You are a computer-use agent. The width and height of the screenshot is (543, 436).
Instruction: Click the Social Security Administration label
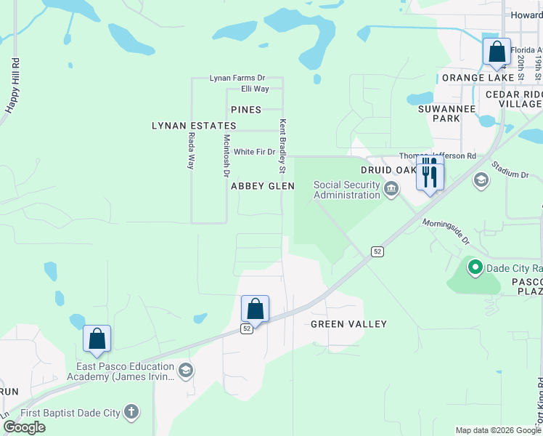[x=347, y=190]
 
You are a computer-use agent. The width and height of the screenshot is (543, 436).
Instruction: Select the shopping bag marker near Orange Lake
[x=497, y=53]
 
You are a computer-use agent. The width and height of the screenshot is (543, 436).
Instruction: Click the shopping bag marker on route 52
[x=255, y=310]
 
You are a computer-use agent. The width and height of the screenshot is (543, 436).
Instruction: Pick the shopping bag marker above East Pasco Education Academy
[x=97, y=339]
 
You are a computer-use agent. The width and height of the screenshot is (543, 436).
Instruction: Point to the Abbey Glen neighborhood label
[x=263, y=186]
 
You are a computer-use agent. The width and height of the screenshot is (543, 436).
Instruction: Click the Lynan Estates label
[x=194, y=126]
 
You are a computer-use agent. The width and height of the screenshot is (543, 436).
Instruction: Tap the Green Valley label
[x=348, y=324]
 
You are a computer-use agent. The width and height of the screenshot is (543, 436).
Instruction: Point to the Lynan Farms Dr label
[x=237, y=78]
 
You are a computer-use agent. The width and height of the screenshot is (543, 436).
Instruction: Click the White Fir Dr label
[x=254, y=152]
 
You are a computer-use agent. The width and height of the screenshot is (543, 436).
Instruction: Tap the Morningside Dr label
[x=446, y=233]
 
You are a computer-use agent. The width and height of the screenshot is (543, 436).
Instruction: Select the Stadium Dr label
[x=510, y=170]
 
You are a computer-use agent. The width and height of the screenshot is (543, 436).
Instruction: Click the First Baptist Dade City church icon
[x=131, y=413]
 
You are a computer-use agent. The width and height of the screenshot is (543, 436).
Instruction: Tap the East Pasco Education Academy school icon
[x=185, y=371]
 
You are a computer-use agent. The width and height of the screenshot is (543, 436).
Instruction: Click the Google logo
[x=24, y=427]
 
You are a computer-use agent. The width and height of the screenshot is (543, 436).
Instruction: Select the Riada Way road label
[x=192, y=151]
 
